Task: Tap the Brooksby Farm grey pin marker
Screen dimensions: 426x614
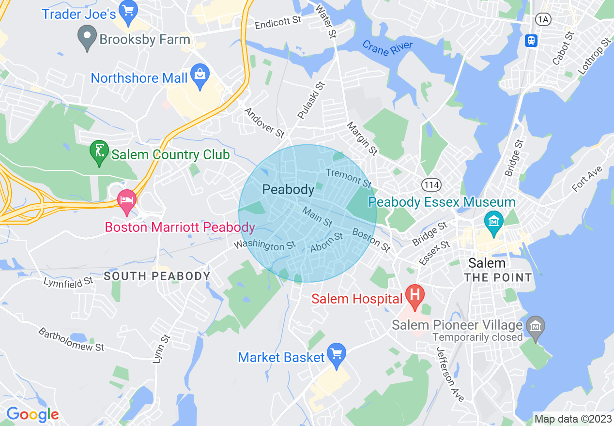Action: coord(87,38)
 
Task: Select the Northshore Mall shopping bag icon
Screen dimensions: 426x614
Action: coord(200,76)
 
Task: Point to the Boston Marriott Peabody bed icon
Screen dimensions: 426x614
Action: coord(127,200)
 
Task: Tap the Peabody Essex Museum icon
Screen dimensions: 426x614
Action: coord(493,222)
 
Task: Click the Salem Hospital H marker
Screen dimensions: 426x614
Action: coord(414,295)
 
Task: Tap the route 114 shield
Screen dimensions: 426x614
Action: coord(430,184)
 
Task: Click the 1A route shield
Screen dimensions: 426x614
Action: coord(543,19)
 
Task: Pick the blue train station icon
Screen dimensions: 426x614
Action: coord(531,40)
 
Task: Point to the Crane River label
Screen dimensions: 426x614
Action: coord(387,48)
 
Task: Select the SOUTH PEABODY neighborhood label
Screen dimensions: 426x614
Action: coord(157,276)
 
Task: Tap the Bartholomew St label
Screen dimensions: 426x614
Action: coord(71,340)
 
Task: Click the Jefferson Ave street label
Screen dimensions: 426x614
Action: coord(450,374)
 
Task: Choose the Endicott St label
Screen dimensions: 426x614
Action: coord(278,22)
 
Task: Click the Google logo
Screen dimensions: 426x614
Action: coord(32,414)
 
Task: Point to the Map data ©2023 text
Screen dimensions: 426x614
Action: coord(572,418)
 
